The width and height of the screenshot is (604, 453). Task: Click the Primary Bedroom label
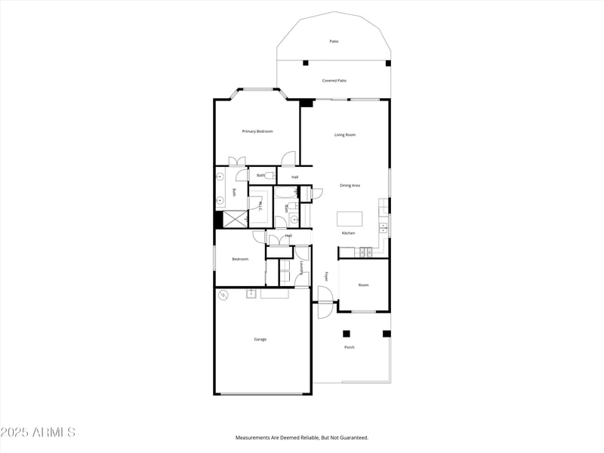click(257, 131)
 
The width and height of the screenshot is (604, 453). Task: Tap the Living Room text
click(345, 135)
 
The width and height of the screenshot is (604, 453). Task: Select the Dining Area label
click(350, 185)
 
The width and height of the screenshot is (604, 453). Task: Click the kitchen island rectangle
click(350, 218)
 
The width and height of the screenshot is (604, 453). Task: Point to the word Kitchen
click(348, 233)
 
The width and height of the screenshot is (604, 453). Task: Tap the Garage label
click(260, 339)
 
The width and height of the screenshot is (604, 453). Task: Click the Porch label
click(350, 347)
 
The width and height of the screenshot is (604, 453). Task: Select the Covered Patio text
click(334, 80)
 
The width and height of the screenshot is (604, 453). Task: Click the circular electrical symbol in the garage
click(223, 295)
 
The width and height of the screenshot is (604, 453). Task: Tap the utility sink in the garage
click(251, 294)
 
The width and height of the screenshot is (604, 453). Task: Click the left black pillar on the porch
click(347, 333)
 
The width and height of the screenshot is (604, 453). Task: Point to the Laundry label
click(301, 270)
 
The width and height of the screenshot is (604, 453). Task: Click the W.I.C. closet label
click(260, 205)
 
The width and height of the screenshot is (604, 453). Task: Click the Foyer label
click(326, 277)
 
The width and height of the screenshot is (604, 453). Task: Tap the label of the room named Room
click(363, 285)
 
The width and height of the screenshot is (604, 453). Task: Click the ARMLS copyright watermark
click(38, 433)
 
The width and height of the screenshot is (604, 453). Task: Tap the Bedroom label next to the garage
click(240, 259)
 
